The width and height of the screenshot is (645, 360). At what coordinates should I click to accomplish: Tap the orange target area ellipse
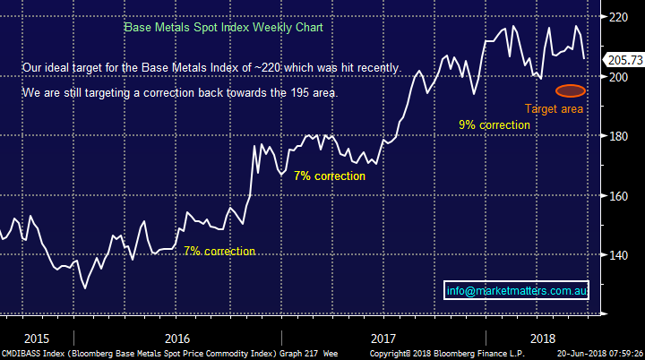pos(571,90)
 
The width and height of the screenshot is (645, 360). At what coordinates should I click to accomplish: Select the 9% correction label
pos(494,125)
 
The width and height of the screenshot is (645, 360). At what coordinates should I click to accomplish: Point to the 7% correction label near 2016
pos(219,252)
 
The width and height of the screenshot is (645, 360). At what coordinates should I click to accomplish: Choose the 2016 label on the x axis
pos(177,339)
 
